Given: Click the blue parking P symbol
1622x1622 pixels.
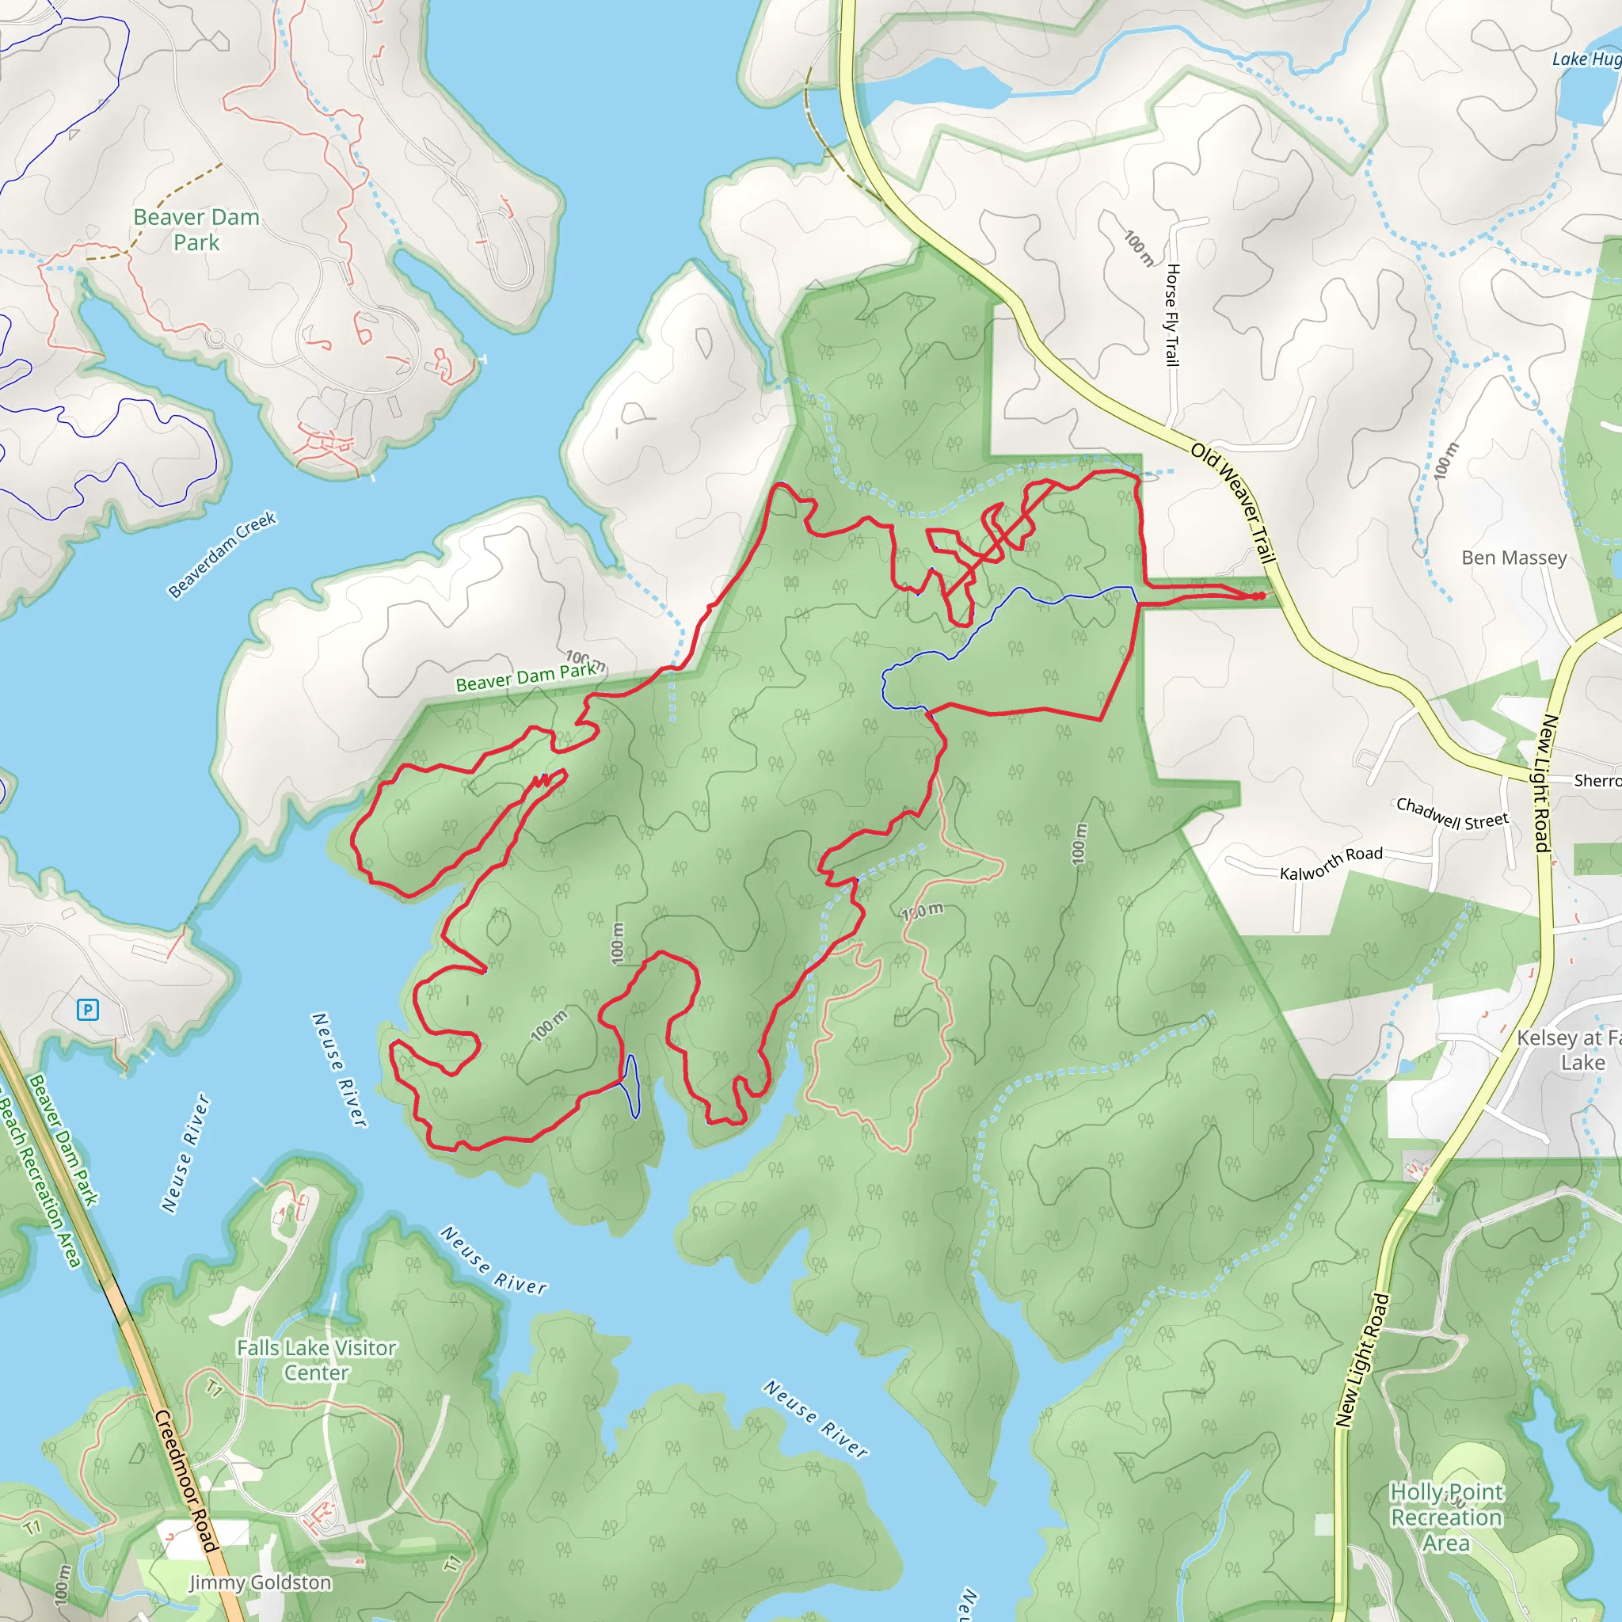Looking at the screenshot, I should click(x=87, y=1009).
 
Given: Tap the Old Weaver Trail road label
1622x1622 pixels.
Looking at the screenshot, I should click(x=1233, y=503).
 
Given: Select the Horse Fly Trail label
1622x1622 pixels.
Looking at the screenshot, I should click(x=1173, y=315).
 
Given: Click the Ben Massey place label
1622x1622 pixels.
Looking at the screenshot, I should click(x=1513, y=558).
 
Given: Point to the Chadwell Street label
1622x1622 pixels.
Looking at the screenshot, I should click(x=1452, y=813).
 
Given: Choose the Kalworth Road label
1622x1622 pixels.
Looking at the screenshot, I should click(x=1331, y=864).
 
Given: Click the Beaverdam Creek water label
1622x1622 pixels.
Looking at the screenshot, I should click(x=222, y=555).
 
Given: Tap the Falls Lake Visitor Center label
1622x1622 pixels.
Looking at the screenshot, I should click(x=316, y=1359).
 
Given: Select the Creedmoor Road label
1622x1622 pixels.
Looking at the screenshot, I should click(x=186, y=1481).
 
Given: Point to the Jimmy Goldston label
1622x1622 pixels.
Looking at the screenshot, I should click(x=260, y=1582).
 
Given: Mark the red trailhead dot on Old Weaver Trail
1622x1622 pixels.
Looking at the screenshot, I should click(x=1261, y=596).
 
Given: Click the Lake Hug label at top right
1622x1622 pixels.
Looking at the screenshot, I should click(x=1585, y=59).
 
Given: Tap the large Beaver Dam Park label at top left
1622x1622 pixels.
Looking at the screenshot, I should click(x=196, y=229).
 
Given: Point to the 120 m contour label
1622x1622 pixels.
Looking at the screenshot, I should click(x=922, y=911).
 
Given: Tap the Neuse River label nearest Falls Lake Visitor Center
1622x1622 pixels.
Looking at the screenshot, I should click(x=493, y=1260).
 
